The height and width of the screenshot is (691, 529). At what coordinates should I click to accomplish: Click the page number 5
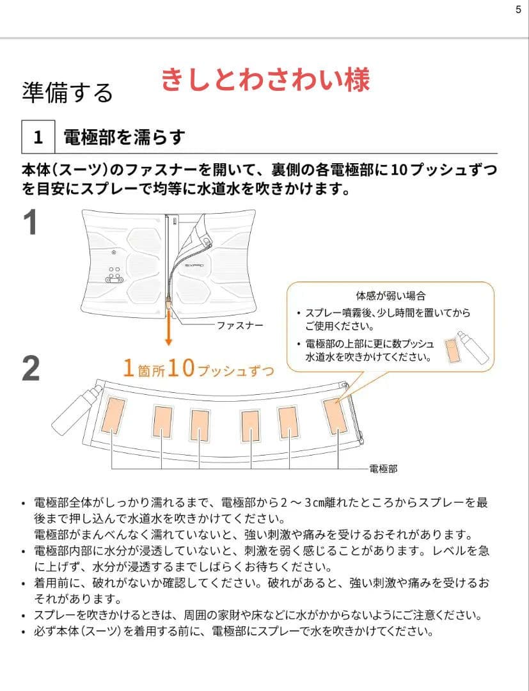(518, 9)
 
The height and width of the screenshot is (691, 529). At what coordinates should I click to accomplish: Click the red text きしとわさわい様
(265, 80)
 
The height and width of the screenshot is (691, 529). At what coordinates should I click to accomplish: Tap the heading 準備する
(67, 93)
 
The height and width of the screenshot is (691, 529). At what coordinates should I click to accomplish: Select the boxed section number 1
(38, 137)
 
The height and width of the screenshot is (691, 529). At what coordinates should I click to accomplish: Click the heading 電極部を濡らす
(124, 137)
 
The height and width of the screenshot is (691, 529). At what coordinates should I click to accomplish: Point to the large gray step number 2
(31, 369)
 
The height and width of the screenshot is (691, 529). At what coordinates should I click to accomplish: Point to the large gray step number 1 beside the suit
(31, 222)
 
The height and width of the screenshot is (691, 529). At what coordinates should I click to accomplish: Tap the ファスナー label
(240, 325)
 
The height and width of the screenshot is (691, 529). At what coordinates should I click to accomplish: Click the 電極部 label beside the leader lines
(383, 469)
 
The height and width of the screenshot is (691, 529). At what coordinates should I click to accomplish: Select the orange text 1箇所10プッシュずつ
(199, 369)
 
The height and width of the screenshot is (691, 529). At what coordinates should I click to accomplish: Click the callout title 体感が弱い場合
(391, 296)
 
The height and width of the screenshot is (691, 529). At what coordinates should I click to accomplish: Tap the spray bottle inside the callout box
(473, 347)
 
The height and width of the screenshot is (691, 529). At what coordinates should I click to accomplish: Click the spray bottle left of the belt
(77, 408)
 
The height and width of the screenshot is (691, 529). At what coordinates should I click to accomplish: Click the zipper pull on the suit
(168, 304)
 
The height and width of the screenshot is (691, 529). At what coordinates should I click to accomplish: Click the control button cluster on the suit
(114, 274)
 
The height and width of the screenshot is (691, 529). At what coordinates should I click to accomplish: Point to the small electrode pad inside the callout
(451, 351)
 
